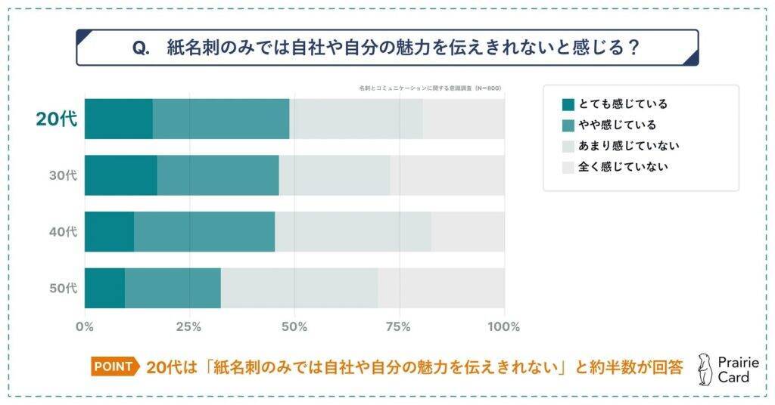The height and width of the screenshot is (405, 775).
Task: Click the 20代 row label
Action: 57,119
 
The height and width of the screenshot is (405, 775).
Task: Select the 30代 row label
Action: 63,175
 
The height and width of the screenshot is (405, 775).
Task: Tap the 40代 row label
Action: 63,232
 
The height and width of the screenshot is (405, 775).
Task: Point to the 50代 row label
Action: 63,288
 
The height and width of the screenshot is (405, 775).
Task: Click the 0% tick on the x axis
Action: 85,327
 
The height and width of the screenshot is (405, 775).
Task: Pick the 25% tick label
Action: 189,327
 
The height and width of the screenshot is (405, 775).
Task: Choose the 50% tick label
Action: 294,327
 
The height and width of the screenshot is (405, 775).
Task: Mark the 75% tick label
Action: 399,327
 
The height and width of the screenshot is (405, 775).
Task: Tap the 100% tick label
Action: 504,327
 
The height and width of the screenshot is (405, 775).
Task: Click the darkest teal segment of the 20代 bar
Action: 118,119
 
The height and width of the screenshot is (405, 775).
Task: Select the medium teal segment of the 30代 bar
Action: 217,175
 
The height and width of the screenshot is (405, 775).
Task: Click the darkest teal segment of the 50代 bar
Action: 104,288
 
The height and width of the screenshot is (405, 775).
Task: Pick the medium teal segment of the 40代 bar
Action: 204,232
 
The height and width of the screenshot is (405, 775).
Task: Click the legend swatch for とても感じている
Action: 568,104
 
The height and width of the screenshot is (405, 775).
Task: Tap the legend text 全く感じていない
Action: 623,167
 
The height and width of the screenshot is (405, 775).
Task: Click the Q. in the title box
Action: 142,48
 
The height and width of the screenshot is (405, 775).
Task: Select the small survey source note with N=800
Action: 430,88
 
